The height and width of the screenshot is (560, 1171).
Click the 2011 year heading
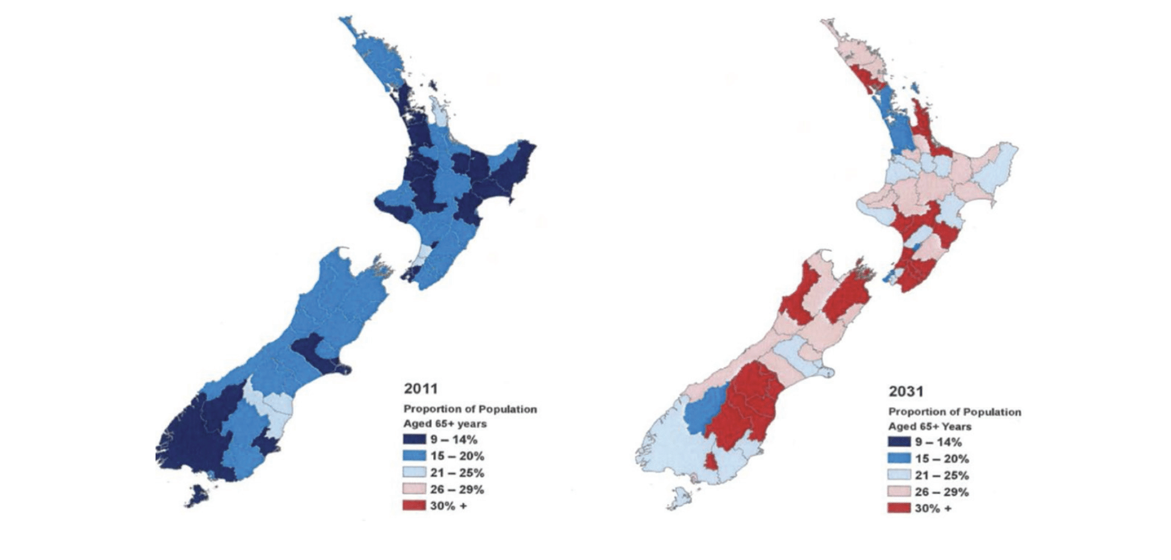(x=421, y=388)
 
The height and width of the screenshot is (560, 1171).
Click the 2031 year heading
(x=906, y=391)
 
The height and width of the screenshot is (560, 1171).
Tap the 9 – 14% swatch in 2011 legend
(x=414, y=440)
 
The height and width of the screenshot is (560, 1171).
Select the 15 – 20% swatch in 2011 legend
(x=414, y=456)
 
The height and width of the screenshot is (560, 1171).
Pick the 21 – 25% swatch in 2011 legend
(x=414, y=473)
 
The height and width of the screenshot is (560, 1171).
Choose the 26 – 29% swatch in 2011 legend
(x=414, y=489)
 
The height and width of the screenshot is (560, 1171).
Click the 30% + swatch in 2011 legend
(x=414, y=506)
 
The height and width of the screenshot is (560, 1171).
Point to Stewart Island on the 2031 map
(x=679, y=499)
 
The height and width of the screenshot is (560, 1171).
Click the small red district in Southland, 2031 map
(x=712, y=462)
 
